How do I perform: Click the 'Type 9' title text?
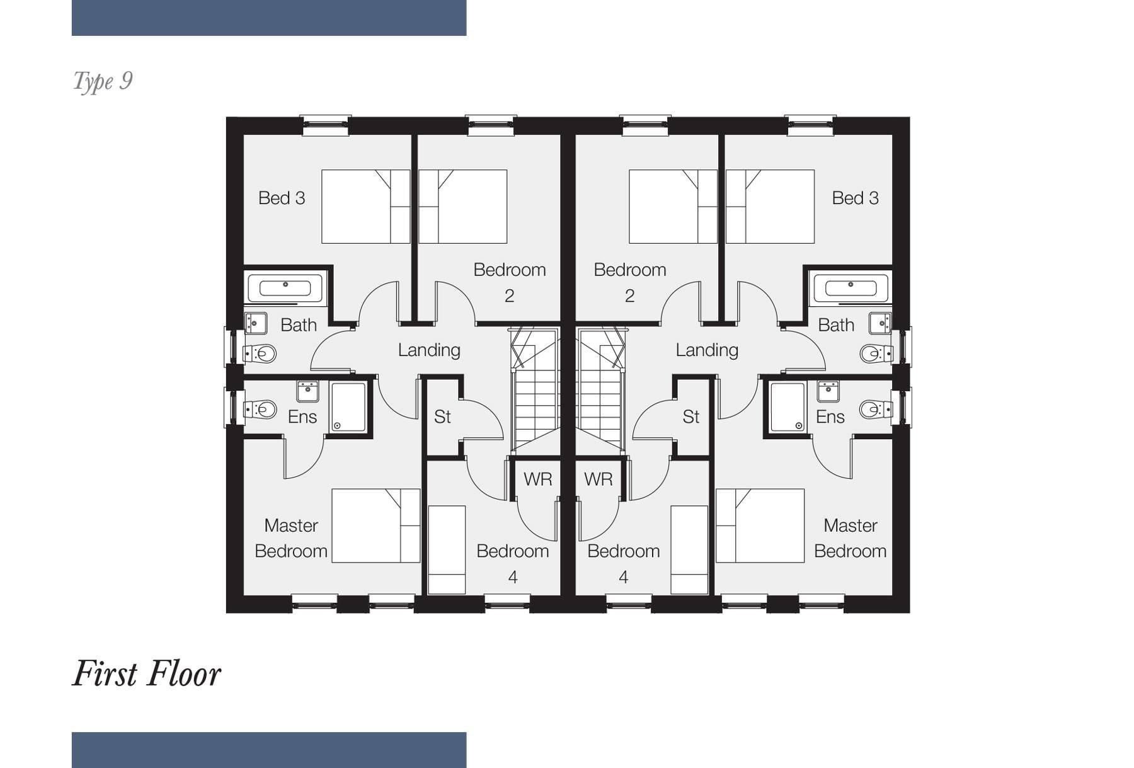[x=103, y=81]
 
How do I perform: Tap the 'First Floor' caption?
[x=147, y=673]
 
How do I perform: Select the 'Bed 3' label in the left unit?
[x=282, y=198]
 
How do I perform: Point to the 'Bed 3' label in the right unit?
[x=855, y=198]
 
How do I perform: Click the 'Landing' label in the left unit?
[x=429, y=350]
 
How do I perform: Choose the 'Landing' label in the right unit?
[x=707, y=350]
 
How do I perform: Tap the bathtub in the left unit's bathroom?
[x=285, y=289]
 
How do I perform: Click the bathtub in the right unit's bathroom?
[x=850, y=289]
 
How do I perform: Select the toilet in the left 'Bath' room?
[x=260, y=353]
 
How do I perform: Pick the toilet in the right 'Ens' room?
[x=876, y=410]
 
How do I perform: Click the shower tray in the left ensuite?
[x=348, y=407]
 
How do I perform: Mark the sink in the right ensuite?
[x=828, y=391]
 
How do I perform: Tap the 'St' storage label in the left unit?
[x=442, y=416]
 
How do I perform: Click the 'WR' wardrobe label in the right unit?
[x=598, y=479]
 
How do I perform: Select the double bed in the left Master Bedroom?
[x=376, y=525]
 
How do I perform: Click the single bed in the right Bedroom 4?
[x=689, y=549]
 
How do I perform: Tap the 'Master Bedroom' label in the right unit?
[x=850, y=538]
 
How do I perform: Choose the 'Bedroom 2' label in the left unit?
[x=509, y=282]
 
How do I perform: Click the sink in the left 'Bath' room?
[x=256, y=323]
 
